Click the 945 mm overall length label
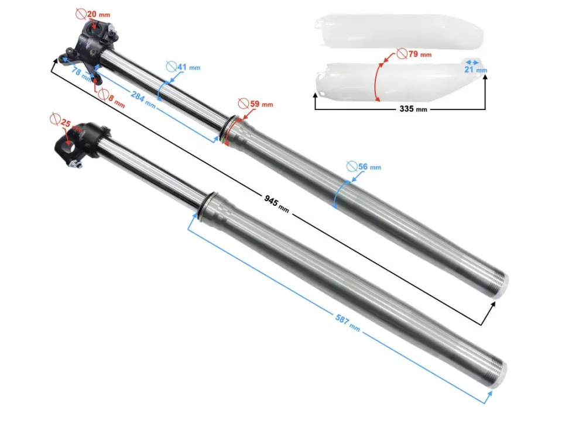point(276,203)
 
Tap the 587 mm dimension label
point(348,322)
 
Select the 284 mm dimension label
point(143,99)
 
